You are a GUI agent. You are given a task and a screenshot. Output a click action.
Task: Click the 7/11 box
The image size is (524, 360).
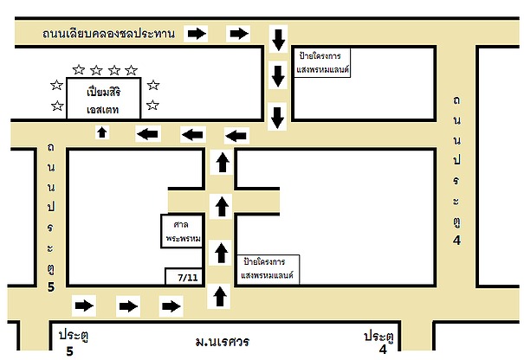pos(184,277)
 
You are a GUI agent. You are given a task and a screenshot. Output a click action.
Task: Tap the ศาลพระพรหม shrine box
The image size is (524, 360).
pos(182,231)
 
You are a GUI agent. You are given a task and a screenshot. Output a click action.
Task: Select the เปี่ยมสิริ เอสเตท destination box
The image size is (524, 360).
pos(104,99)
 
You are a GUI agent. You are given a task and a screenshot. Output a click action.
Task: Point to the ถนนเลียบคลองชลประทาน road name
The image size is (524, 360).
pos(108,34)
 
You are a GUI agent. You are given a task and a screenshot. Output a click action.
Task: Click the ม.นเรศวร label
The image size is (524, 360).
pos(223,342)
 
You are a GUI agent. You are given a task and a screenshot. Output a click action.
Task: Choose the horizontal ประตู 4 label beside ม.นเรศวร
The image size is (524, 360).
pos(379,342)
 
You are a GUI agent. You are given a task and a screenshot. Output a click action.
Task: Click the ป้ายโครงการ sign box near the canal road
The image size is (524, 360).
pos(322,63)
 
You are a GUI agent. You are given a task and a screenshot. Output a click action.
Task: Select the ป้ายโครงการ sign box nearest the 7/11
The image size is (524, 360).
pos(268,269)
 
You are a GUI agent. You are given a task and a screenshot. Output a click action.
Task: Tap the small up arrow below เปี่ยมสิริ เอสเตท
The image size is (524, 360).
pos(102,132)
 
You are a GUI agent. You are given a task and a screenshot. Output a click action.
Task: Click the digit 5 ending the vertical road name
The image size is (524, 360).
pos(51,286)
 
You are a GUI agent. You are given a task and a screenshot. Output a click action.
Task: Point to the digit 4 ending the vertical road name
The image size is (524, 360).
pos(456,240)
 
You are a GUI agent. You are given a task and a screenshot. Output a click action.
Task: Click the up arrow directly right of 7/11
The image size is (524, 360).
pos(219,296)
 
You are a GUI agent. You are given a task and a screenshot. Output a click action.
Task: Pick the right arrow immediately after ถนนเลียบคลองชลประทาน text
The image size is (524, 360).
pos(197,34)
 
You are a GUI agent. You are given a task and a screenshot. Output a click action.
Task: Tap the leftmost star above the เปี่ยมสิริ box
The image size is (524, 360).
pos(79,69)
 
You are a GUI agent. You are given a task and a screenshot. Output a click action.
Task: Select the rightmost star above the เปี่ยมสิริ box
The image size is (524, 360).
pos(131,70)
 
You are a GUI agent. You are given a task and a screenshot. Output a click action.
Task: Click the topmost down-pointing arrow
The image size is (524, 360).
pos(278,40)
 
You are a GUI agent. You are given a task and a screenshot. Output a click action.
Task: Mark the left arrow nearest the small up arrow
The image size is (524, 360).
pos(148,134)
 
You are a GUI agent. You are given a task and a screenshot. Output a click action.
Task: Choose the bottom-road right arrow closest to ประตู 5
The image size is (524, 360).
pos(84,305)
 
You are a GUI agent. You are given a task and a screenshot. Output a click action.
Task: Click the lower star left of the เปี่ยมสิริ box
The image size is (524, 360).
pos(57,106)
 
